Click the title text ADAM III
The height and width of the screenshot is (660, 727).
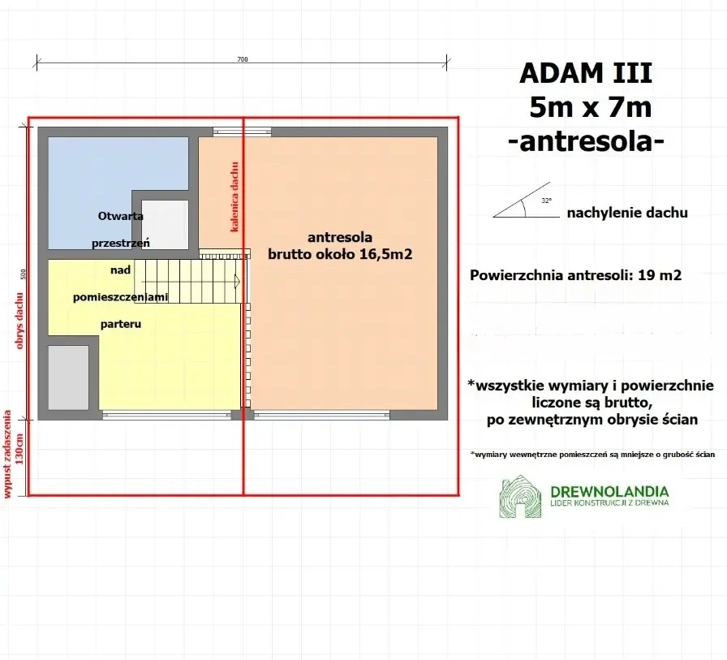pos(585,74)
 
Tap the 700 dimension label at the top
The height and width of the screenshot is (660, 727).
pos(242,59)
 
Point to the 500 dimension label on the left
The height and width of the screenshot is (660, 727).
pos(24,274)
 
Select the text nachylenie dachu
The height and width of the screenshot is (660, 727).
pos(627,213)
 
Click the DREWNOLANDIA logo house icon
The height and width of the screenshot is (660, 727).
pos(520,497)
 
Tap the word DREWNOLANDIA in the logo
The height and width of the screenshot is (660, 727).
pos(609,491)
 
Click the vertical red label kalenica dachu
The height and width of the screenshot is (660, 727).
pos(234,197)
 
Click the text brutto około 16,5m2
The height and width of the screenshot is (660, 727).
pos(340,253)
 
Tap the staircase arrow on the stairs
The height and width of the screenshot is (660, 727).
pos(236,281)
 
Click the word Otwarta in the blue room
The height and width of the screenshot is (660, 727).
pos(121,216)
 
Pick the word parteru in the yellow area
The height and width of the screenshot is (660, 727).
pos(122,323)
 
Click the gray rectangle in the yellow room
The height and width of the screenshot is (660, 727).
pos(68,377)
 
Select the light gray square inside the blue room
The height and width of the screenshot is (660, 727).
pos(165,223)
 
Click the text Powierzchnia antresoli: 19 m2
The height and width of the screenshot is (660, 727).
pos(575,275)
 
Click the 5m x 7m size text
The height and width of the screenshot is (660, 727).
pos(589,107)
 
